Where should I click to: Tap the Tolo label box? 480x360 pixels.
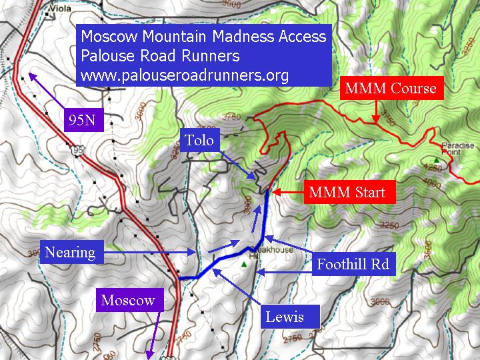click(x=201, y=141)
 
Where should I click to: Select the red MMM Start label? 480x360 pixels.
click(x=347, y=193)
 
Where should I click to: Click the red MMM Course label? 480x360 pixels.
click(x=391, y=88)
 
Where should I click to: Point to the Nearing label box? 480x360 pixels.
click(x=70, y=252)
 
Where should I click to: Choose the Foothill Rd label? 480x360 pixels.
click(x=353, y=265)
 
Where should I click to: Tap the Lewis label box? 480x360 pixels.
click(x=284, y=317)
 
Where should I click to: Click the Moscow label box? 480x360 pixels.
click(x=128, y=300)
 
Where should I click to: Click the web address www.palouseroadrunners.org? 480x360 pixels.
click(x=185, y=75)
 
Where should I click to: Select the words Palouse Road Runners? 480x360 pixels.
click(x=160, y=55)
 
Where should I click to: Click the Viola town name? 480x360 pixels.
click(x=61, y=10)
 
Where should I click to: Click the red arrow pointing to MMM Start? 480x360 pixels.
click(x=287, y=193)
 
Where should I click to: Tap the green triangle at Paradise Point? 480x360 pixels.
click(x=437, y=160)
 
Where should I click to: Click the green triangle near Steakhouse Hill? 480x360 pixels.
click(x=245, y=265)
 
